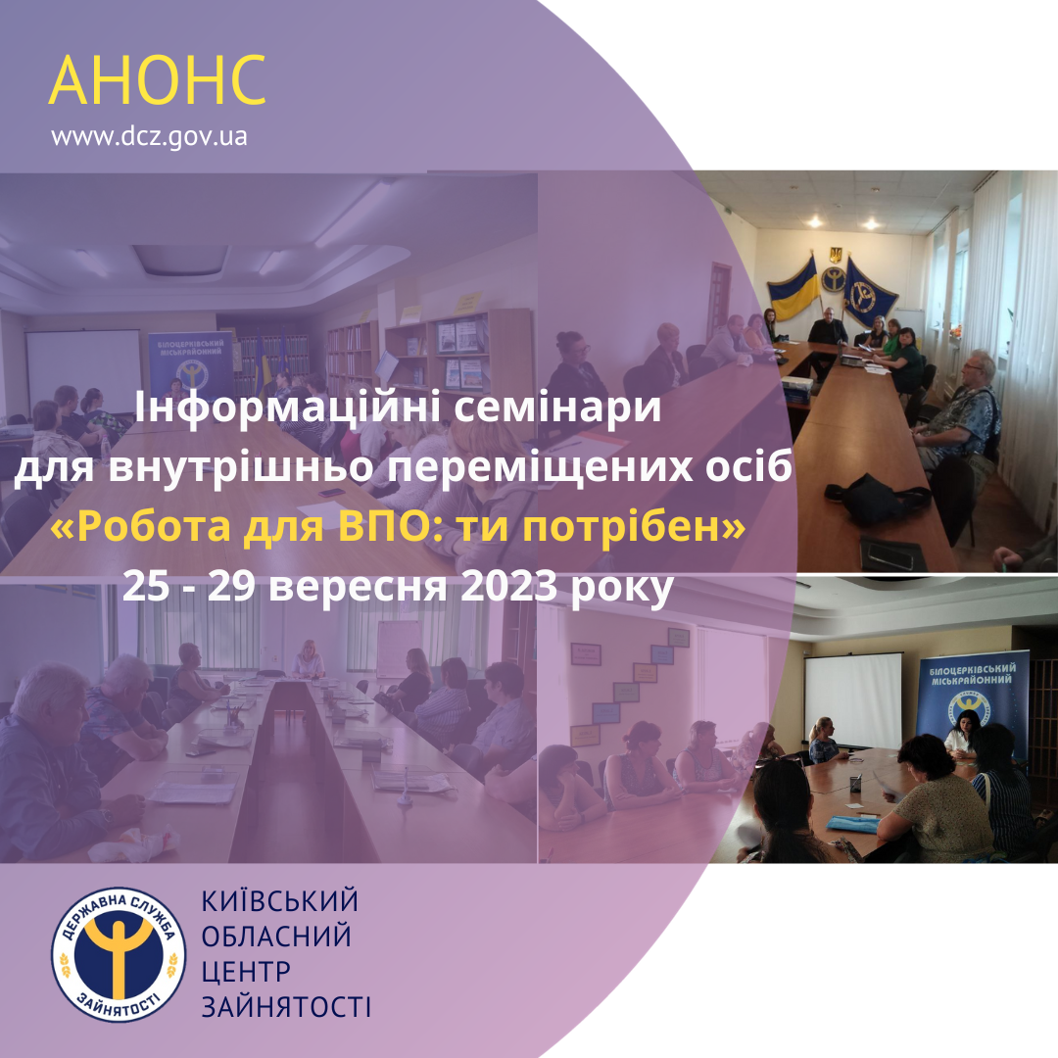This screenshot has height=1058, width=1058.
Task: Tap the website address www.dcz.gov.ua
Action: point(149,137)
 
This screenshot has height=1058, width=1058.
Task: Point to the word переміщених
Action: point(539,467)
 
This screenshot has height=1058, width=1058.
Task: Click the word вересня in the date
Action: point(358,586)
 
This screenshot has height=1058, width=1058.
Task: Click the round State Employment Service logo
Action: point(119,953)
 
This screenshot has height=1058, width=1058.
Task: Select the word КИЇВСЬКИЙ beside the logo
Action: point(279,901)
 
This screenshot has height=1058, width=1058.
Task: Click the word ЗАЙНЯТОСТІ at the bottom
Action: point(286,1007)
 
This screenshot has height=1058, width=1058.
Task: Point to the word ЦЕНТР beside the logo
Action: point(246,972)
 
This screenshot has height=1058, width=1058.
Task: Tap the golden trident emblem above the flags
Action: point(836,255)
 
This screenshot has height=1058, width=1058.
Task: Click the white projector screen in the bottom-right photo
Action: point(853,700)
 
